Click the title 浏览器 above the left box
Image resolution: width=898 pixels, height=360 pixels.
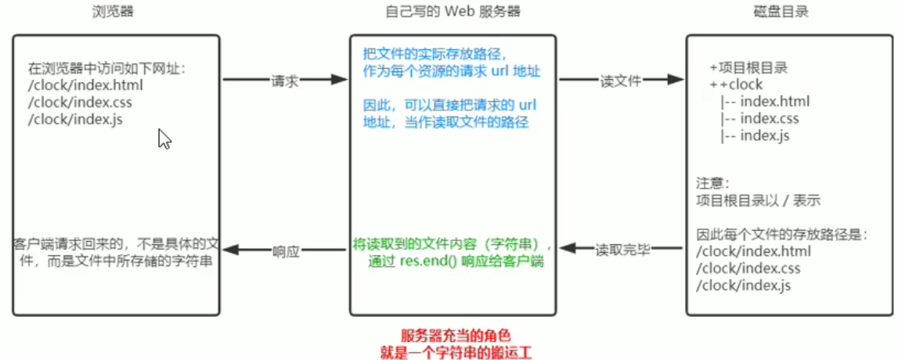[x=115, y=13]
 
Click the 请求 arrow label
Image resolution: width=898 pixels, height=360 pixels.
[x=284, y=81]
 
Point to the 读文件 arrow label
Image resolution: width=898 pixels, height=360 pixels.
[x=620, y=81]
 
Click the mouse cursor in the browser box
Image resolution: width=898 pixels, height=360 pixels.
[x=164, y=139]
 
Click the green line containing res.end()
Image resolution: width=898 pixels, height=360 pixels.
[x=457, y=261]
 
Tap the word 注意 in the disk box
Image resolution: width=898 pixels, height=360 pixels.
[x=711, y=183]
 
